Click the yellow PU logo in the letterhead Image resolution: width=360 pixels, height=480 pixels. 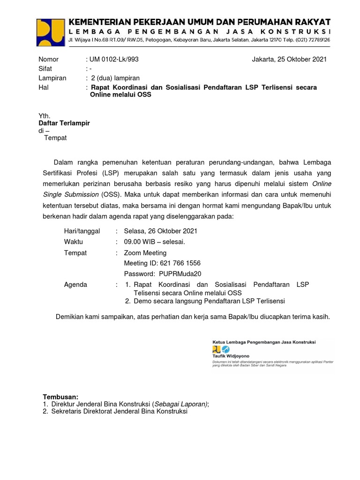pyautogui.click(x=51, y=31)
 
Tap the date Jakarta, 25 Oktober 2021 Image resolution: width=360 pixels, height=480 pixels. pyautogui.click(x=289, y=60)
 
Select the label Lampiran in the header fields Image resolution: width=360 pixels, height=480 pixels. pyautogui.click(x=52, y=78)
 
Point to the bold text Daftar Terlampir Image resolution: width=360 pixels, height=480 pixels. pyautogui.click(x=64, y=123)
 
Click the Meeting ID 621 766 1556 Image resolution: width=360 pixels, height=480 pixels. pyautogui.click(x=162, y=263)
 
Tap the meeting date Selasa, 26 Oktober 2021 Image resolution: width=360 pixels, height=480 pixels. pyautogui.click(x=160, y=231)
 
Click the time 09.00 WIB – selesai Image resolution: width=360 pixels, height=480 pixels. pyautogui.click(x=154, y=242)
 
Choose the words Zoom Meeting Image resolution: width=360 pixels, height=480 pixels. pyautogui.click(x=145, y=253)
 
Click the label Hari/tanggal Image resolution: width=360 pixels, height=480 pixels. pyautogui.click(x=82, y=231)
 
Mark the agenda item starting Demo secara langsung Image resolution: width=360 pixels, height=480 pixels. pyautogui.click(x=209, y=301)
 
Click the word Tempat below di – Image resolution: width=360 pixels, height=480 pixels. pyautogui.click(x=55, y=138)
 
